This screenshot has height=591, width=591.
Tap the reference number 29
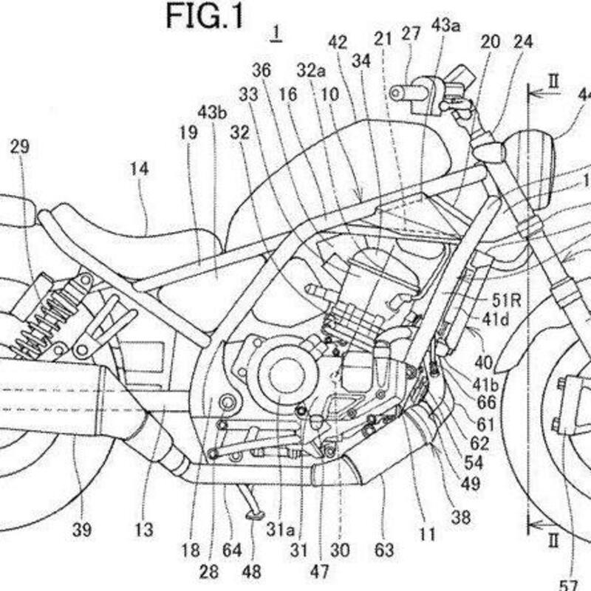pos(20,147)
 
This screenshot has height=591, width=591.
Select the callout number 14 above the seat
pos(139,169)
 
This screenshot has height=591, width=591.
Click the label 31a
pos(284,529)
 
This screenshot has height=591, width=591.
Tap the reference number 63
pos(384,550)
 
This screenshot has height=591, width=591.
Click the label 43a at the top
pos(446,26)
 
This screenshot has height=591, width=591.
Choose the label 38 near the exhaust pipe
pos(462,518)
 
